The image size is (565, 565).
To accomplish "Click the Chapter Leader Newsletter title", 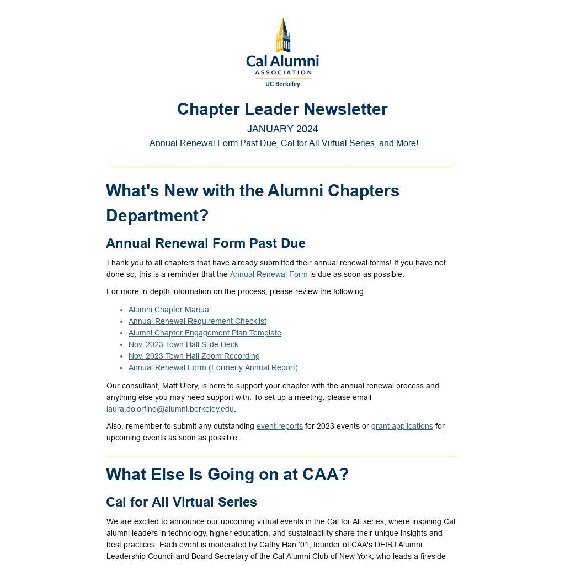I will point(282,109).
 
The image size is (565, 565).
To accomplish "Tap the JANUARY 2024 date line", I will point(282,129).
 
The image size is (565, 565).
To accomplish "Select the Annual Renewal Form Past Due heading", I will point(206,243).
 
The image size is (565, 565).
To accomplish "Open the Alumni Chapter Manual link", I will point(169,310).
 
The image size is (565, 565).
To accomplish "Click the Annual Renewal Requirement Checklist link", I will point(197,321).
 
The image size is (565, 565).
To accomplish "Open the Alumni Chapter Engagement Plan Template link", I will point(205,333).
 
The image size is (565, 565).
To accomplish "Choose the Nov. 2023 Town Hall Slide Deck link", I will point(183,344).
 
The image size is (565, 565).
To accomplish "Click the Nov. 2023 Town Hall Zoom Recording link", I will point(194,356).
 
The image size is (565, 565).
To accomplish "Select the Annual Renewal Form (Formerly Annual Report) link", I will point(213,367).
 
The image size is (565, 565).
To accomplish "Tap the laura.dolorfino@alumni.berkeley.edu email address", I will point(170,409).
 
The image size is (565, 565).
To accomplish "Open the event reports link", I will point(279,426).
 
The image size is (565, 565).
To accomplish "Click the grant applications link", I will point(402,426).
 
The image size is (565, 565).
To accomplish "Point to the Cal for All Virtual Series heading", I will point(182,502).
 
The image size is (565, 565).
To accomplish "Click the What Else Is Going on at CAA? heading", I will point(227,475).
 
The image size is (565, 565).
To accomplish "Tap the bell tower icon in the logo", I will point(283,35).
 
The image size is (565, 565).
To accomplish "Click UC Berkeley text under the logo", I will point(282,84).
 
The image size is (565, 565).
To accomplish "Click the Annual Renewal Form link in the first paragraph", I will point(269,274).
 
